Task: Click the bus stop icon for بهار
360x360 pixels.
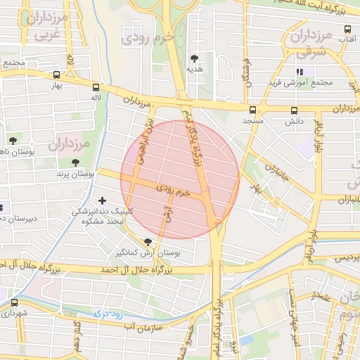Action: point(56,75)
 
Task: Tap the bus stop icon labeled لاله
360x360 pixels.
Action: point(96,88)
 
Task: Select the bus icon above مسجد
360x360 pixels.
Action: point(252,110)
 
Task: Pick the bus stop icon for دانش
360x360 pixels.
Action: point(294,110)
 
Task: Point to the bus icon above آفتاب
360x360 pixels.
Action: point(347,30)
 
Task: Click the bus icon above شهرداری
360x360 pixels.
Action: point(14,302)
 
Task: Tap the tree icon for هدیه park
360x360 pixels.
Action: point(194,58)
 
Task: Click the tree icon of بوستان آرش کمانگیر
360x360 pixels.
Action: point(146,242)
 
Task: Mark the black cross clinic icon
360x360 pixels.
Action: point(103,201)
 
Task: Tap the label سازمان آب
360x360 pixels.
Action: point(143,327)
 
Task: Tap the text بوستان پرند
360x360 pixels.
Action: point(76,173)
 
